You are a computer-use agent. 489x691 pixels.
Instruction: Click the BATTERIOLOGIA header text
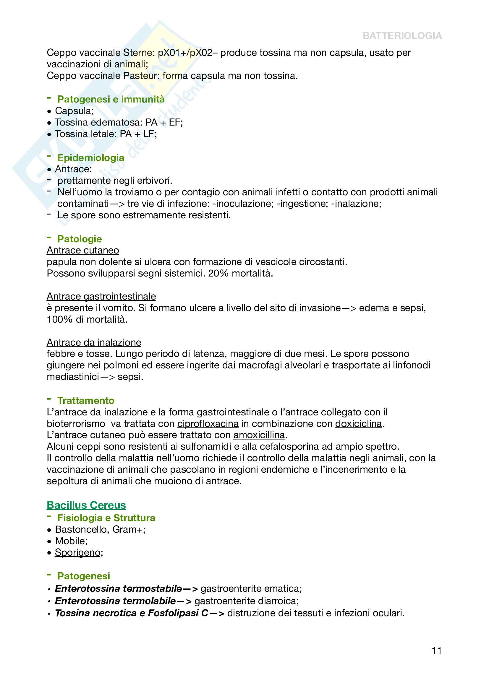[x=402, y=36]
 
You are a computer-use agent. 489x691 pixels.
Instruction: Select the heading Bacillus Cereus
[x=86, y=505]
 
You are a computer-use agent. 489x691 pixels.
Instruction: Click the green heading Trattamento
[x=86, y=401]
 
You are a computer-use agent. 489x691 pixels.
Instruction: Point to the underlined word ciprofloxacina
[x=208, y=424]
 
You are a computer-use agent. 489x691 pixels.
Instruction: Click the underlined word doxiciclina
[x=358, y=424]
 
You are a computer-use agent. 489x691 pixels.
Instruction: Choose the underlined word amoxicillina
[x=259, y=435]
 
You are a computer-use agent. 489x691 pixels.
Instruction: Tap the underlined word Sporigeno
[x=77, y=552]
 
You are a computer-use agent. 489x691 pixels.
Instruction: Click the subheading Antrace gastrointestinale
[x=101, y=296]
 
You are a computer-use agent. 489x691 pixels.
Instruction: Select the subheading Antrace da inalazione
[x=94, y=342]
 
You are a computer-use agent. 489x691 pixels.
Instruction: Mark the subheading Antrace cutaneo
[x=83, y=251]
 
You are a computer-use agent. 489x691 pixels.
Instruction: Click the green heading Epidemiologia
[x=91, y=158]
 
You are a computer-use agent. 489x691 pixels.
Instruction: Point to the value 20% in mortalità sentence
[x=218, y=274]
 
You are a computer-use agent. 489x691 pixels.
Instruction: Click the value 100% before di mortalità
[x=60, y=320]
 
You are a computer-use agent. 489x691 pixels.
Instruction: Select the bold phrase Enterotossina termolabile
[x=115, y=601]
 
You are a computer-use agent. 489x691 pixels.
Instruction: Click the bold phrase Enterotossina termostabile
[x=118, y=589]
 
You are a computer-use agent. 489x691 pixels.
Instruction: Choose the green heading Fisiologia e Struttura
[x=106, y=518]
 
